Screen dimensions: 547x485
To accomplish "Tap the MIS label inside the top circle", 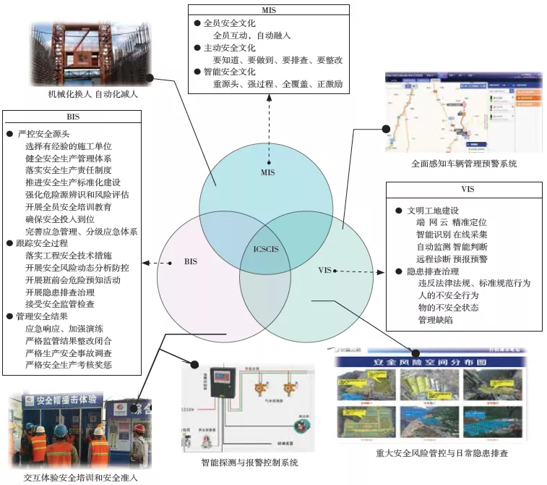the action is coord(268,174).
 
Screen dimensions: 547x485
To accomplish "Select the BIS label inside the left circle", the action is coord(190,261).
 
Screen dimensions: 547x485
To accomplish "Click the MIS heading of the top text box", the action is coord(268,11).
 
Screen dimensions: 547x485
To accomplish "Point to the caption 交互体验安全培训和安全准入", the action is coord(81,478).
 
